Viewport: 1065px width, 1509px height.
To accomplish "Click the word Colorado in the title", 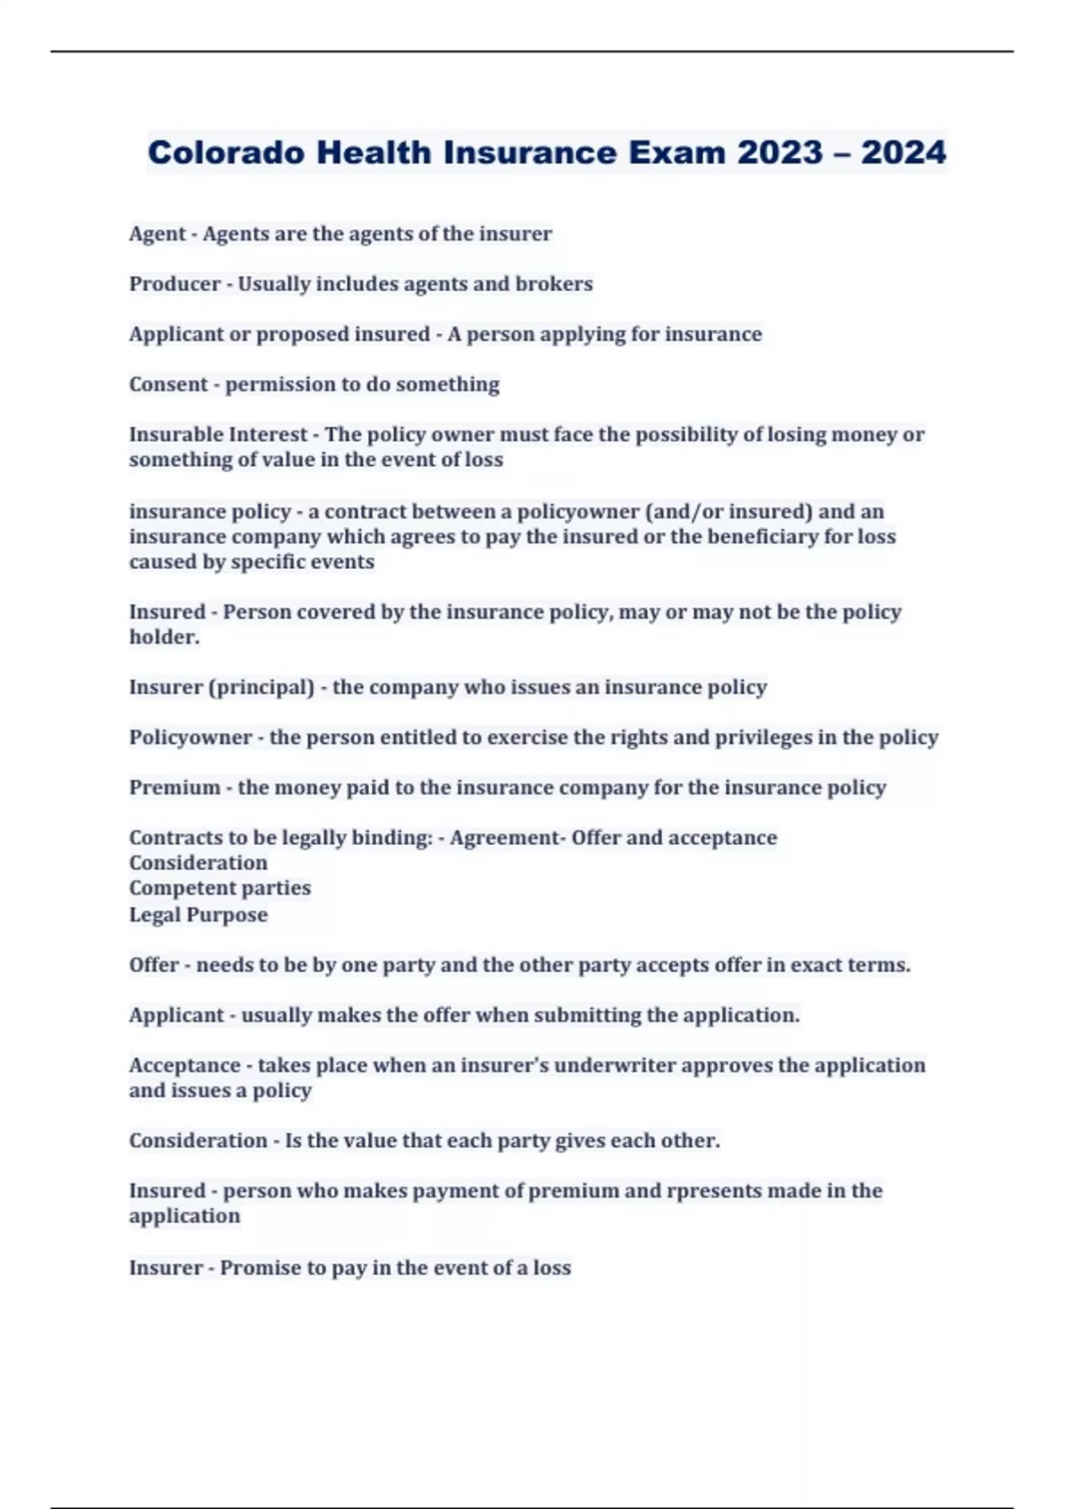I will click(x=226, y=153).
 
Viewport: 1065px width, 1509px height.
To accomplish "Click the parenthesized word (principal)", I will click(x=261, y=688).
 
